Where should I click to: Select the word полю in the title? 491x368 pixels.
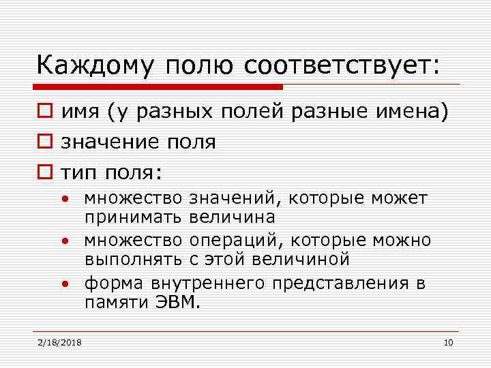point(197,67)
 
